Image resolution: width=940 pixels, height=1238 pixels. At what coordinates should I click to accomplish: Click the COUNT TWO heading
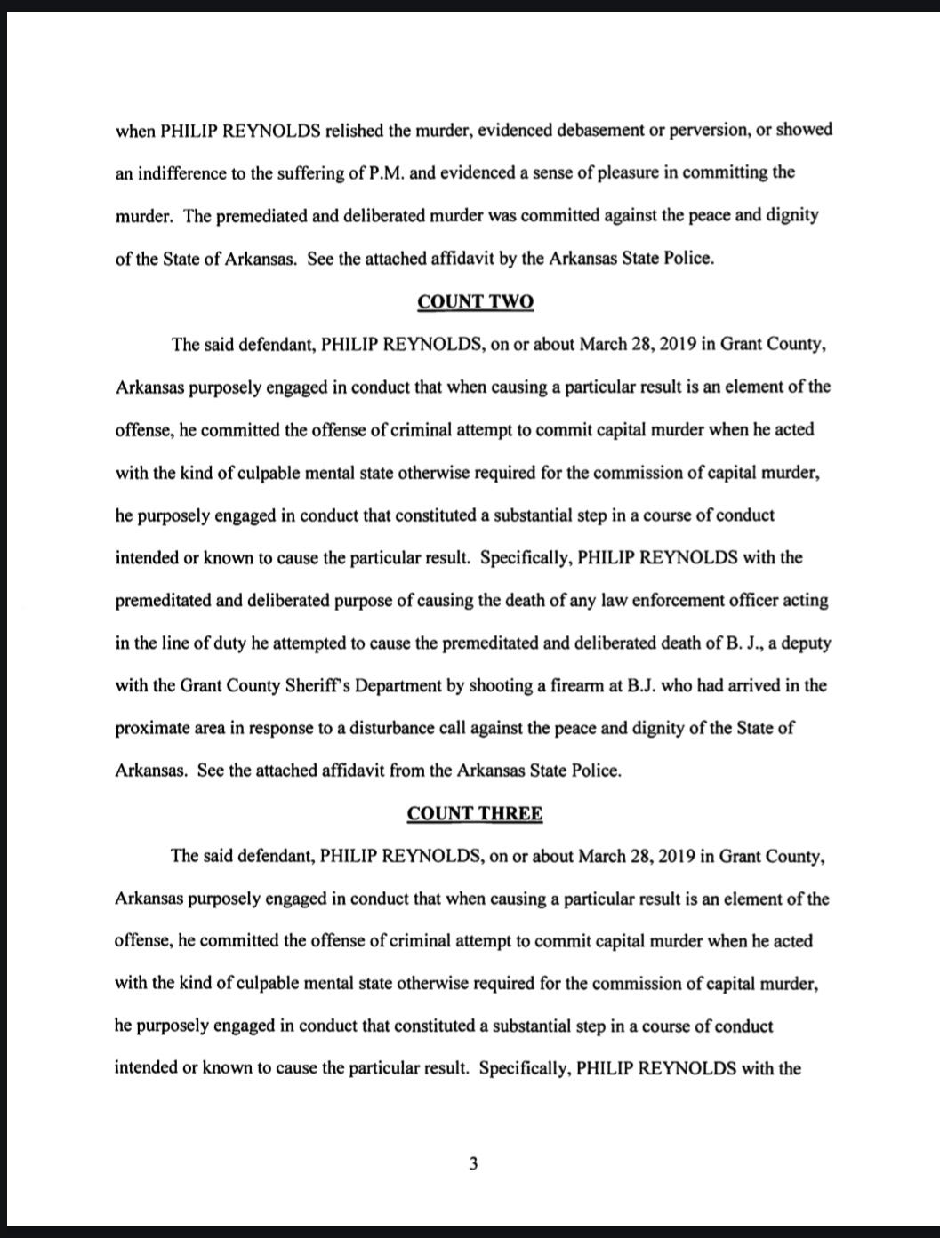475,302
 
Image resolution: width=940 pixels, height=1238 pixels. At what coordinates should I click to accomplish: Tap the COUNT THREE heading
475,814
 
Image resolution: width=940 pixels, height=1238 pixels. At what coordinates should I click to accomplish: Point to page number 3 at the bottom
474,1163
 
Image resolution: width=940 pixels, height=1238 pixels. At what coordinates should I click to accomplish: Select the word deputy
806,643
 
